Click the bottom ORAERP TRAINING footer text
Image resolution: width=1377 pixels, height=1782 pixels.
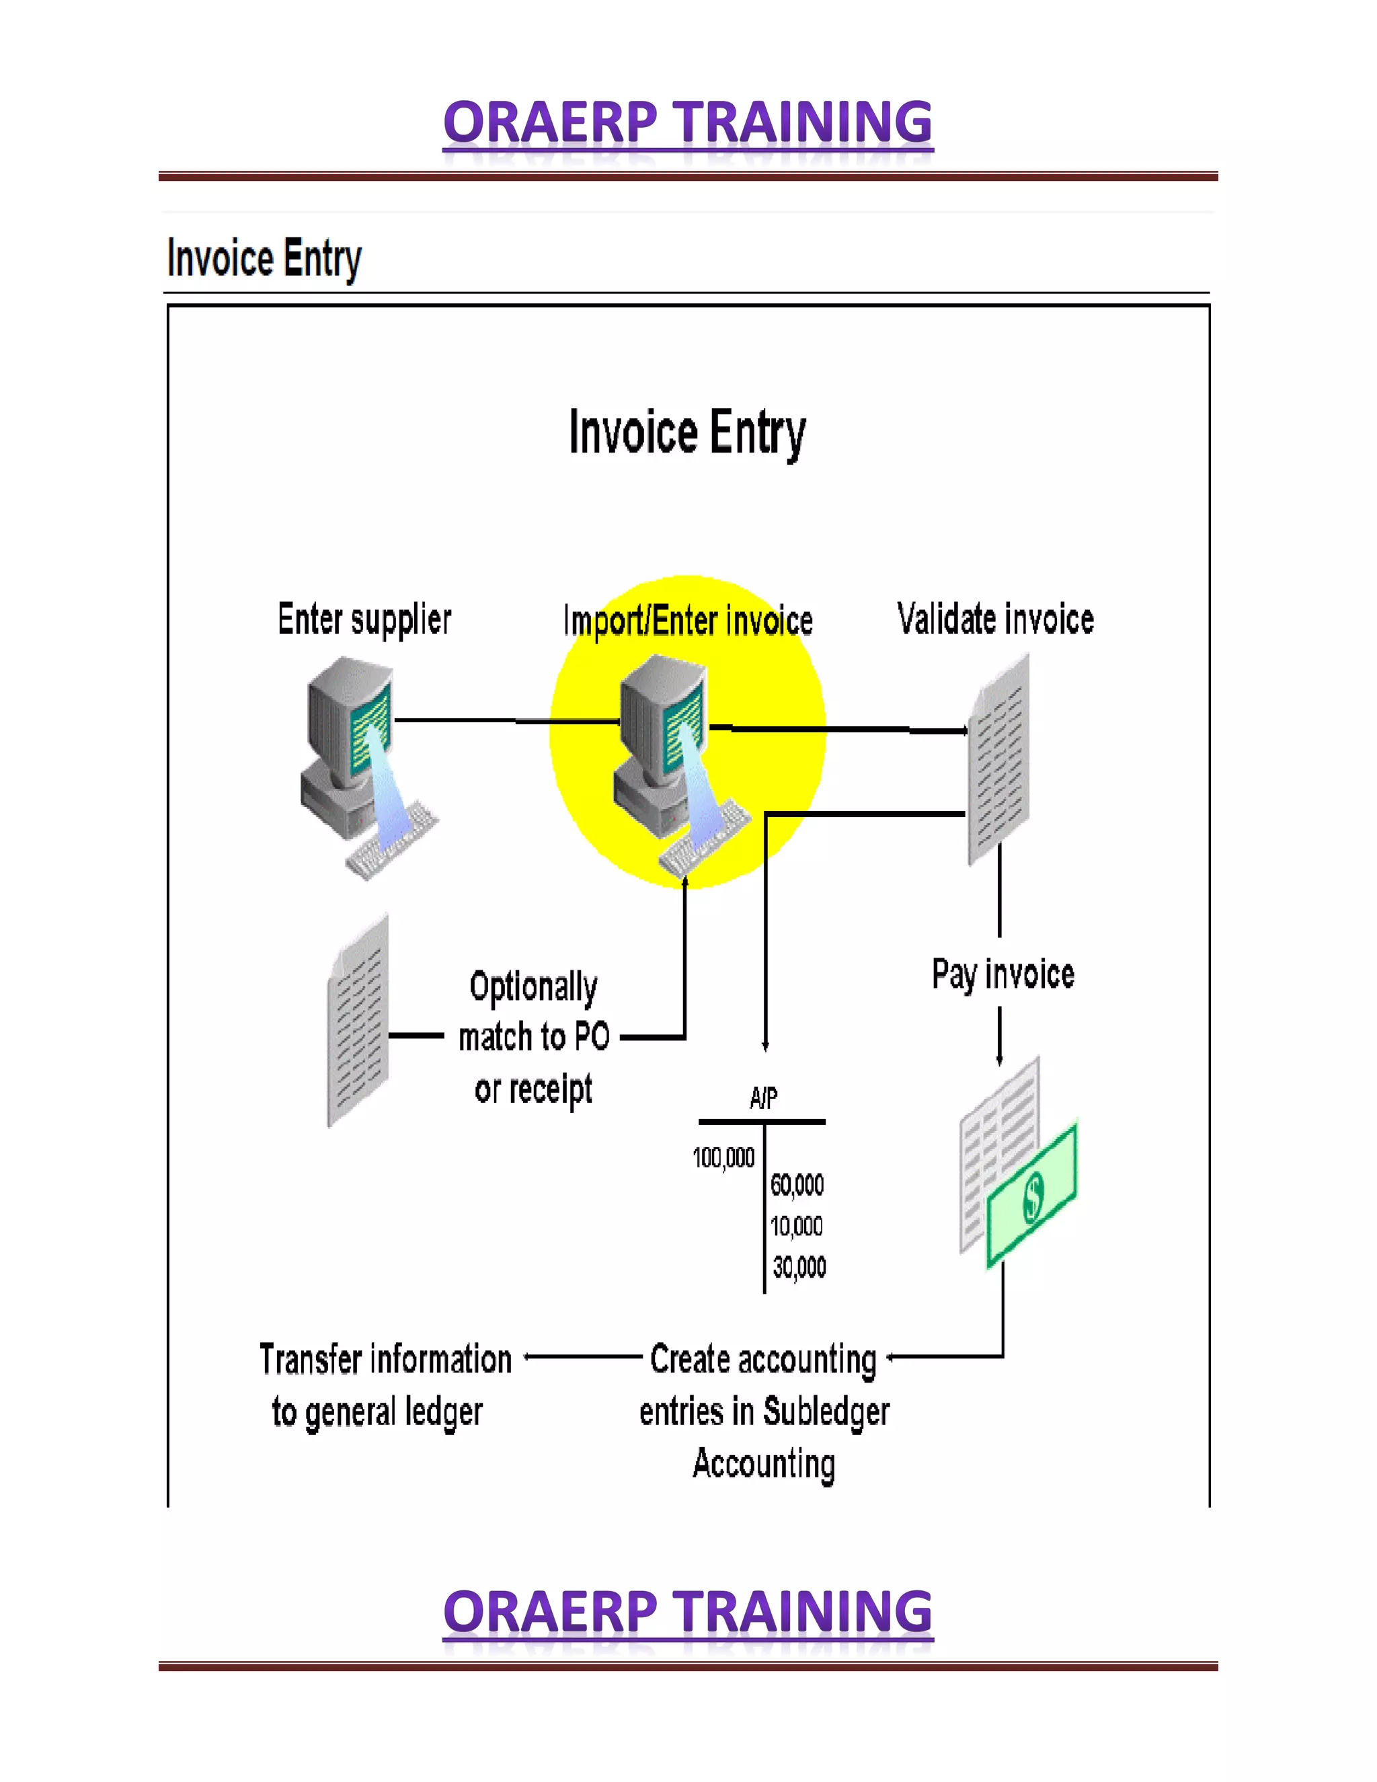688,1613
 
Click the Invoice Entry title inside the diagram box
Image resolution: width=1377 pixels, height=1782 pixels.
688,432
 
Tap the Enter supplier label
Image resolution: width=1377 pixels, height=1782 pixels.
364,619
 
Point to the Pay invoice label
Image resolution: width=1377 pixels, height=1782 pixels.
1002,974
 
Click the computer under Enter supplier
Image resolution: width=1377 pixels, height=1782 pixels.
359,763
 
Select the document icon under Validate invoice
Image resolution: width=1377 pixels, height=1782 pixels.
998,759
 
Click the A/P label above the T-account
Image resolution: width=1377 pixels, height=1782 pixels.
764,1098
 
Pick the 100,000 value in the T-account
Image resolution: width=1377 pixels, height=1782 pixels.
723,1157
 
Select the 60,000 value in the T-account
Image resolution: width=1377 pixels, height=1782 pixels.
797,1184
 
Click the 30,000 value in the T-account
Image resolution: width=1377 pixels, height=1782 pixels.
799,1267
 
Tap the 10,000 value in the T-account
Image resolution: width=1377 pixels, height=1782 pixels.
797,1225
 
